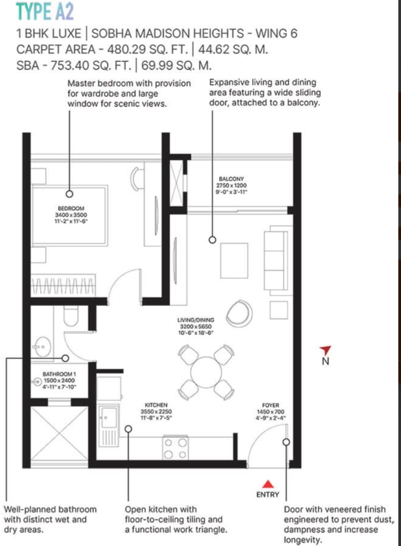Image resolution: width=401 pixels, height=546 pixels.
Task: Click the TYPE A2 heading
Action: pyautogui.click(x=45, y=11)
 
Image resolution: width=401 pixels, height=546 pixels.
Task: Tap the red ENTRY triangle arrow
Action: pyautogui.click(x=267, y=484)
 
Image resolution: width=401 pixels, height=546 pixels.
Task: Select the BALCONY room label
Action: pyautogui.click(x=231, y=179)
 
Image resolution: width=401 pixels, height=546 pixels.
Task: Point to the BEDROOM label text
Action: pyautogui.click(x=71, y=208)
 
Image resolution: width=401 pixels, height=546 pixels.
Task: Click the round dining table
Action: pyautogui.click(x=206, y=372)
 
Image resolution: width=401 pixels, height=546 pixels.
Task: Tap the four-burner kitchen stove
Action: pyautogui.click(x=175, y=448)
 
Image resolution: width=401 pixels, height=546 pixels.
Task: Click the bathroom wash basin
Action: pyautogui.click(x=41, y=346)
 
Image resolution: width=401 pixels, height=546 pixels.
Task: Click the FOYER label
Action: pyautogui.click(x=271, y=405)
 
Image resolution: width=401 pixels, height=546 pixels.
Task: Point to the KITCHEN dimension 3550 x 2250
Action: pyautogui.click(x=156, y=411)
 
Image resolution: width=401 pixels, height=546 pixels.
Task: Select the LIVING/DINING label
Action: pyautogui.click(x=195, y=319)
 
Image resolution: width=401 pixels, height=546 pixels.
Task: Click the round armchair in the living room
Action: pyautogui.click(x=239, y=313)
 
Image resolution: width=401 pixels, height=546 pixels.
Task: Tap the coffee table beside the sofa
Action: pyautogui.click(x=234, y=260)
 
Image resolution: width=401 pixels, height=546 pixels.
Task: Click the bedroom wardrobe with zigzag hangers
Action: pyautogui.click(x=63, y=286)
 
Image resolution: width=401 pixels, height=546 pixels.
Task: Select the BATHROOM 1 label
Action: pyautogui.click(x=59, y=374)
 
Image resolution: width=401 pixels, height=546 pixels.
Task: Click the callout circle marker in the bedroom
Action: pyautogui.click(x=70, y=194)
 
